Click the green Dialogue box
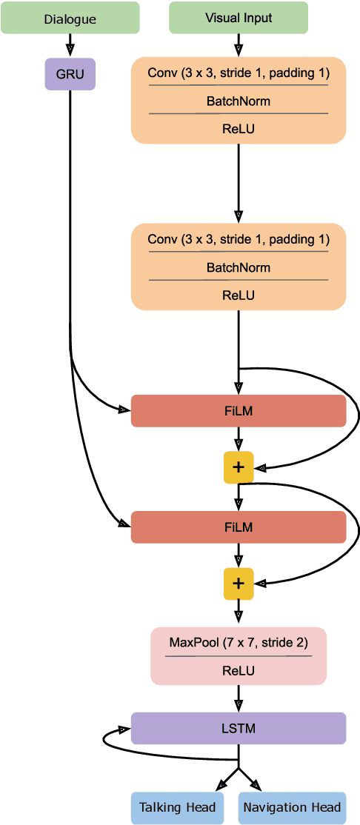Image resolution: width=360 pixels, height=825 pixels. point(70,18)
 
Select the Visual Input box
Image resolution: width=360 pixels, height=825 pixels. point(239,18)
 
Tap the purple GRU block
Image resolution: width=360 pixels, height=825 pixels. point(70,74)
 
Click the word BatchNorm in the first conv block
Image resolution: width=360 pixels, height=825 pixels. point(239,100)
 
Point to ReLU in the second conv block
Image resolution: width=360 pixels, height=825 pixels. point(239,295)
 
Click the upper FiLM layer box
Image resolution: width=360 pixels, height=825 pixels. point(239,411)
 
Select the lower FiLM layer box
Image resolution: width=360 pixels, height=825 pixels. point(239,527)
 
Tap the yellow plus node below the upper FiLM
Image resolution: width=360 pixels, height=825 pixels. point(239,467)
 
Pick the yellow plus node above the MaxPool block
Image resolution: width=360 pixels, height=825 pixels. point(239,584)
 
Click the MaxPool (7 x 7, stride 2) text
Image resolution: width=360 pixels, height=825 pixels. point(239,642)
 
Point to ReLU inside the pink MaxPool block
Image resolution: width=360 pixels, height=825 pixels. point(239,670)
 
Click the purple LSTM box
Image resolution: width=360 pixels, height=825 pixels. point(239,728)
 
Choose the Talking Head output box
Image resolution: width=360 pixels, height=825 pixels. point(178,807)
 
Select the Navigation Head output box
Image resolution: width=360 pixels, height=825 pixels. point(292,807)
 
